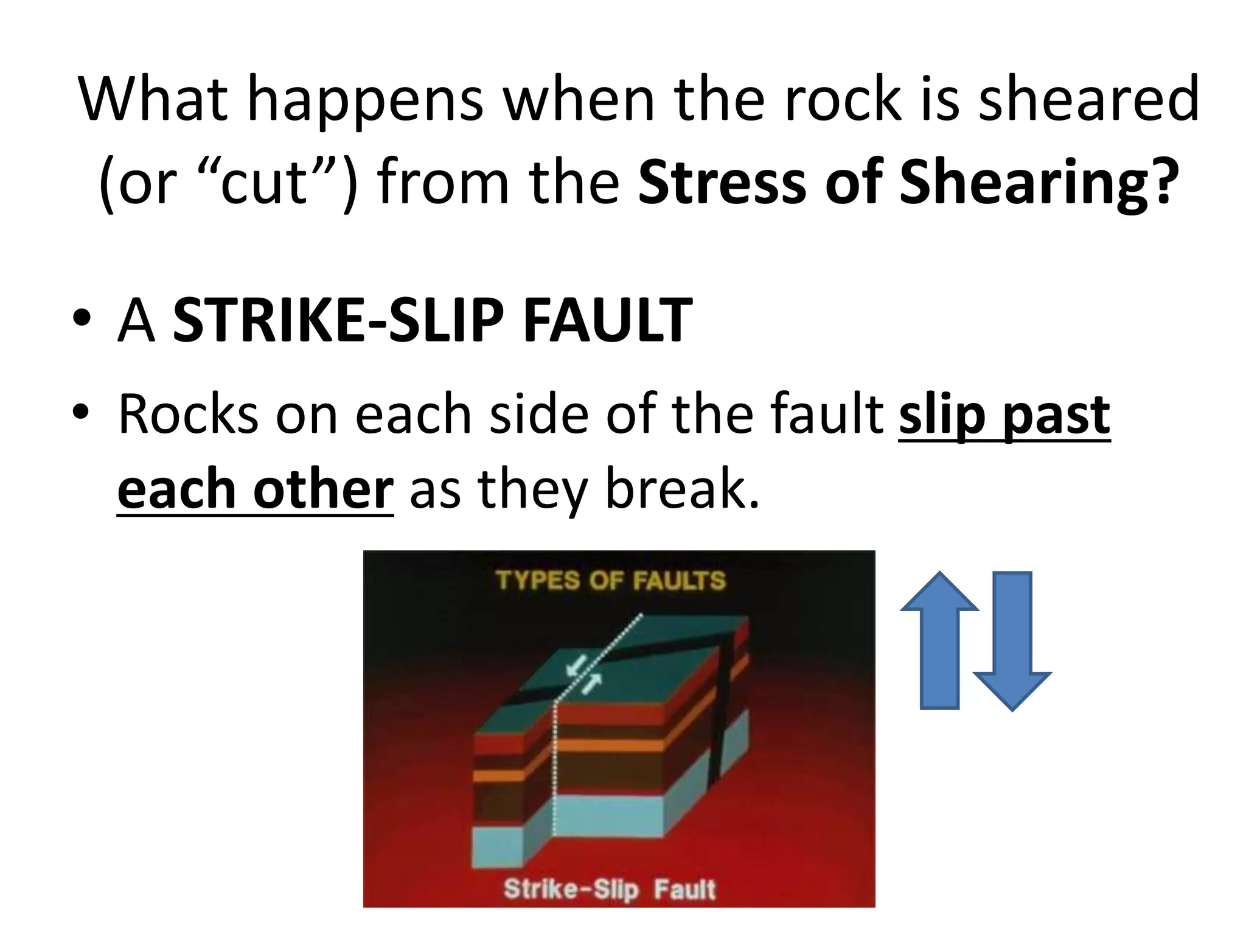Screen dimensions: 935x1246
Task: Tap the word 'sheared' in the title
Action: tap(1088, 99)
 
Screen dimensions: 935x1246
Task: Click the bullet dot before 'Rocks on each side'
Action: tap(81, 412)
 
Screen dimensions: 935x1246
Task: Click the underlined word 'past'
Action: tap(1056, 416)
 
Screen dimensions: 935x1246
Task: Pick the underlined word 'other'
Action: tap(324, 489)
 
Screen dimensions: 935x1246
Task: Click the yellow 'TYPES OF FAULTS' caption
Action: tap(610, 580)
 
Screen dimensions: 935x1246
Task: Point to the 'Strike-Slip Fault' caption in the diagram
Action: tap(610, 889)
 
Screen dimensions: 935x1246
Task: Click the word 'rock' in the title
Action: tap(843, 99)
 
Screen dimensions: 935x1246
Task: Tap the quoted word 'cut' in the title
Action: tap(263, 183)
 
